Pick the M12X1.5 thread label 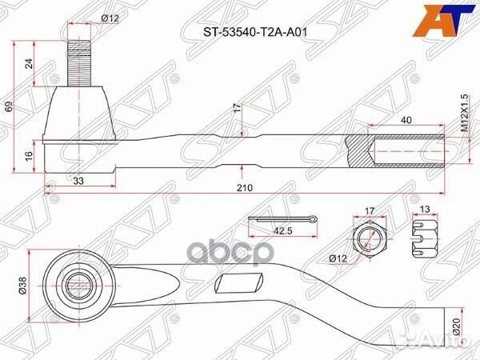[x=463, y=113]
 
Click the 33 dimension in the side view [x=78, y=181]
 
